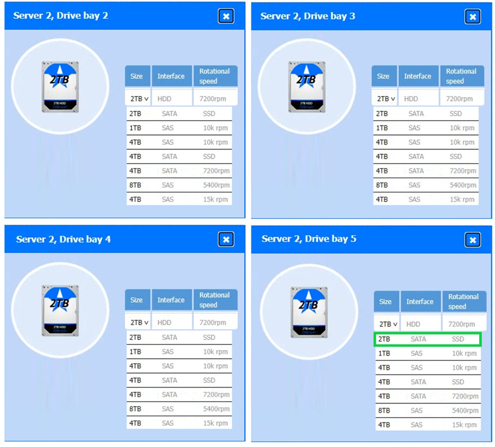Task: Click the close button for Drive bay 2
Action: [226, 16]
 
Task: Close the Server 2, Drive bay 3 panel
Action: [472, 17]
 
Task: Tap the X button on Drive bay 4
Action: [226, 239]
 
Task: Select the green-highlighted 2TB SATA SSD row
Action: [427, 339]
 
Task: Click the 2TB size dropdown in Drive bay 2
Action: [139, 99]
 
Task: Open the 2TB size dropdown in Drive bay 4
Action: [139, 322]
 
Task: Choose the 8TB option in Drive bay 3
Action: [382, 185]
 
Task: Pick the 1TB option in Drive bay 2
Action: [135, 128]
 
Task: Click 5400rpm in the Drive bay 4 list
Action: [216, 409]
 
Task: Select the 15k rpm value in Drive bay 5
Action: [464, 425]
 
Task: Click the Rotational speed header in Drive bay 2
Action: [215, 76]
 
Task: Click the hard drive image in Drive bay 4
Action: [60, 311]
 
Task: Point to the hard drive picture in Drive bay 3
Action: [307, 87]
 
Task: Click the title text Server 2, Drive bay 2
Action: [60, 16]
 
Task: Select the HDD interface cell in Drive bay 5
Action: [413, 324]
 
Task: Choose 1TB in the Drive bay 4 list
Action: [135, 352]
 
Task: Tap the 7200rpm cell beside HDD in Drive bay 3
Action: [459, 99]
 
